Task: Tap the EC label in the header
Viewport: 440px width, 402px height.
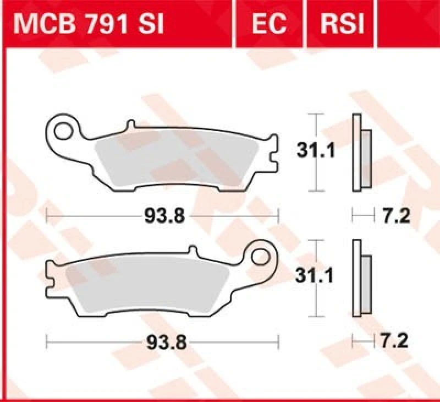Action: [x=269, y=24]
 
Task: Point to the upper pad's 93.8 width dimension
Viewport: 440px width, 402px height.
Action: [x=164, y=216]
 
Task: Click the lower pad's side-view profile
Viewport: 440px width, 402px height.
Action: [x=360, y=279]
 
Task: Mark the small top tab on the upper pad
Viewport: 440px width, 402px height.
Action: [x=130, y=126]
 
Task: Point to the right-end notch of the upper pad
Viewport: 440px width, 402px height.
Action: [x=274, y=158]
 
